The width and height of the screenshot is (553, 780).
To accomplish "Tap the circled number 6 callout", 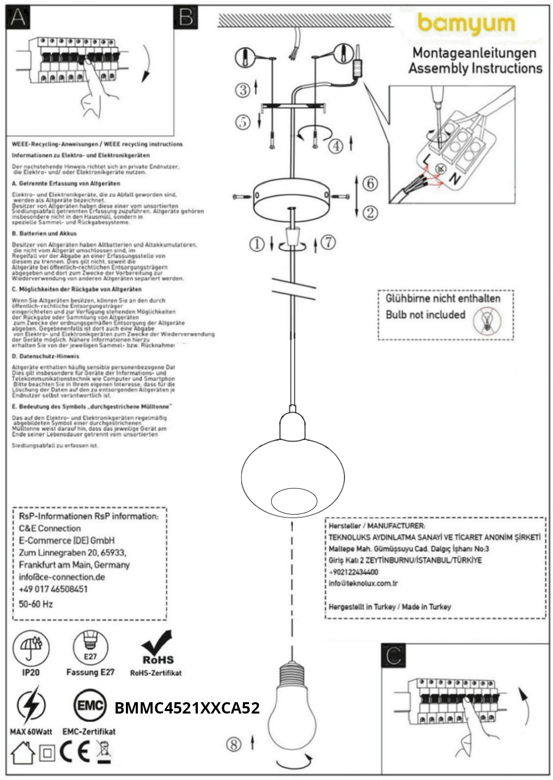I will click(370, 183).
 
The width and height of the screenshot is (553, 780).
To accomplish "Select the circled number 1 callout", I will click(256, 243).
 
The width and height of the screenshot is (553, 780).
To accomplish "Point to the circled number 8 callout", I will click(234, 744).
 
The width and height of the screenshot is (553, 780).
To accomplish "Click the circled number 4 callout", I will click(336, 146).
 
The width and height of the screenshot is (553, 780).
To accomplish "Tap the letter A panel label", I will click(18, 17).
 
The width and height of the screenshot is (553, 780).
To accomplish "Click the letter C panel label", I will click(394, 656).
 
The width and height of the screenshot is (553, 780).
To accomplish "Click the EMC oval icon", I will click(89, 706).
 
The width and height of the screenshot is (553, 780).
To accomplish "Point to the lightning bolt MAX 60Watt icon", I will click(31, 707).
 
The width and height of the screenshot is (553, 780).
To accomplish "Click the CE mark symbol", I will click(74, 751).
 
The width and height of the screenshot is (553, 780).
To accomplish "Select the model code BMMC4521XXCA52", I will click(187, 708).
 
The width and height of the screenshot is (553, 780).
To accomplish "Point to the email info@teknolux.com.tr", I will click(363, 584).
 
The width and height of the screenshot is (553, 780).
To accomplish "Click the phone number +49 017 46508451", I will click(53, 589).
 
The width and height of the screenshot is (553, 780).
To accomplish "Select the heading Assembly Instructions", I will click(475, 68).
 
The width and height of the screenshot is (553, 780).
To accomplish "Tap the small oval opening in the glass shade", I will click(294, 501).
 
